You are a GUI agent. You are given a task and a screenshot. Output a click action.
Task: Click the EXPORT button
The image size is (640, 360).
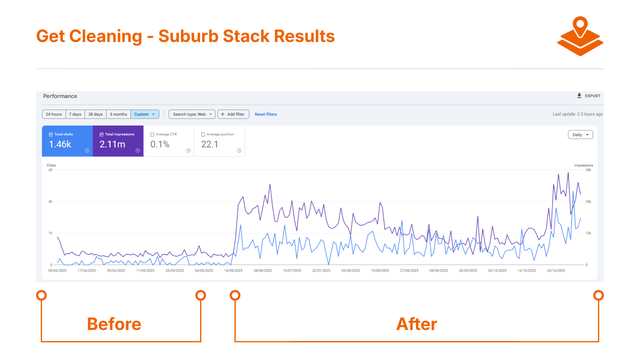click(x=589, y=96)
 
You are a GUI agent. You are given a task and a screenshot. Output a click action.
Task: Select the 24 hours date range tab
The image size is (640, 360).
click(x=54, y=114)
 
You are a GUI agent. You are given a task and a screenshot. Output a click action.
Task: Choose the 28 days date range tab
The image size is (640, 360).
click(x=95, y=114)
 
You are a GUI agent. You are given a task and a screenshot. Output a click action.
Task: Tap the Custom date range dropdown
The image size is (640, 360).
click(x=145, y=114)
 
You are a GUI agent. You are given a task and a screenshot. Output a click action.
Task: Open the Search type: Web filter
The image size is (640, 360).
click(x=192, y=114)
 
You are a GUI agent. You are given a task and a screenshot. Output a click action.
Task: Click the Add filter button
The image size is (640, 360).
click(x=233, y=114)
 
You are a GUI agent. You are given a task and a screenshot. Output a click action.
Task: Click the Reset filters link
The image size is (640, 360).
click(x=266, y=114)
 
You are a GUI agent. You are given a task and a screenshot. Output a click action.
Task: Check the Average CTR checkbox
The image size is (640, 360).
click(x=152, y=135)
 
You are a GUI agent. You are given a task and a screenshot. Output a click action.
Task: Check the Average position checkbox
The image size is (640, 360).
click(x=203, y=135)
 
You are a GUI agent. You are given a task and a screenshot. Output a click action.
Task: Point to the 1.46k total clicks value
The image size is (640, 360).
click(x=60, y=144)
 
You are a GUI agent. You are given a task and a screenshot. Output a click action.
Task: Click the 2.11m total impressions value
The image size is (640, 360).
click(x=112, y=144)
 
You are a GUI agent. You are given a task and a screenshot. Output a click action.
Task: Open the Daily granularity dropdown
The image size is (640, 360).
click(x=580, y=135)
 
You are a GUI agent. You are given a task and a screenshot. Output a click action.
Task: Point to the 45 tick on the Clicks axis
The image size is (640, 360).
click(x=50, y=170)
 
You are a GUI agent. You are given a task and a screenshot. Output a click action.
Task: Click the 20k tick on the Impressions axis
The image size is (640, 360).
click(x=588, y=202)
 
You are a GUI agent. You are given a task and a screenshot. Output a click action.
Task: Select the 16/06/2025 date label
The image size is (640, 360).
click(x=233, y=271)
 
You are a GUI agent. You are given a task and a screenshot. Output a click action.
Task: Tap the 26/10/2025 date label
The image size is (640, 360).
click(x=556, y=271)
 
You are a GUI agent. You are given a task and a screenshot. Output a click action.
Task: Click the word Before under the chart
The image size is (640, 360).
click(x=114, y=324)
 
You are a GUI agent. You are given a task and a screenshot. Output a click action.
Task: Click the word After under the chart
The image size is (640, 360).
click(x=417, y=324)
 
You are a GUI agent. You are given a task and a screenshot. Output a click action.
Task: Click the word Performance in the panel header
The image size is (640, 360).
click(x=60, y=96)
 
